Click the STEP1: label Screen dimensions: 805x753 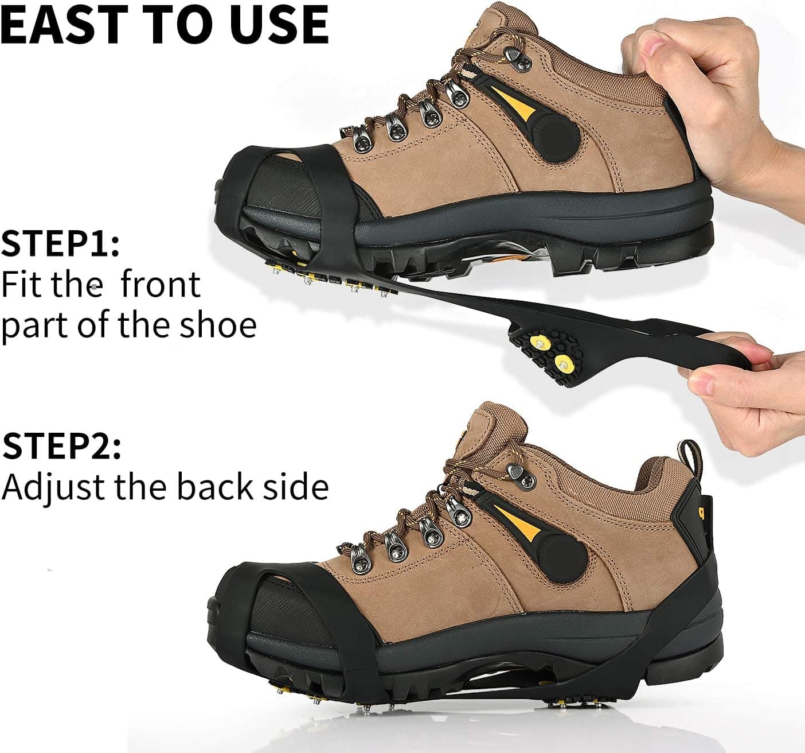60,243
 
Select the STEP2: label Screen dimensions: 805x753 61,446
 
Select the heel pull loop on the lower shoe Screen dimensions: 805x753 691,457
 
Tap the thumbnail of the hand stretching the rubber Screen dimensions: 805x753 700,384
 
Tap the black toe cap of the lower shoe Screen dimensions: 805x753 280,609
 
